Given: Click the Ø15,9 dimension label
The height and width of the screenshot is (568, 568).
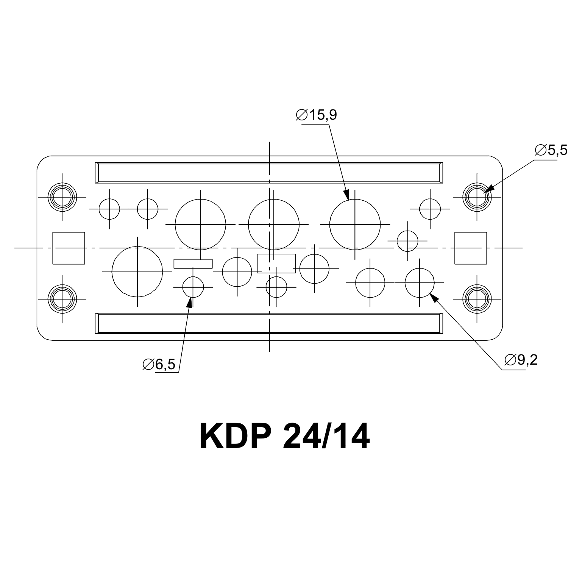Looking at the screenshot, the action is point(316,115).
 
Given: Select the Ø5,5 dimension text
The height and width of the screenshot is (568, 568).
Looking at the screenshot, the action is point(551,150).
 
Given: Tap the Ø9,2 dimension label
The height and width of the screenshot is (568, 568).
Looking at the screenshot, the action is point(521,360).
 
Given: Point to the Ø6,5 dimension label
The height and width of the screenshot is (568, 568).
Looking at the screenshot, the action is point(159,364).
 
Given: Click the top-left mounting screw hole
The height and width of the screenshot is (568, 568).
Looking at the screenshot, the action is point(62,197).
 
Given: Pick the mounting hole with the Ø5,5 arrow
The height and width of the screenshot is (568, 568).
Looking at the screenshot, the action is point(477,197).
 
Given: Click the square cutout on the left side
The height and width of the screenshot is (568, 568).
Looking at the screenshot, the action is point(69,248).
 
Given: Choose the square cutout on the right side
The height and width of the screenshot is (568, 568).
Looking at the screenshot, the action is point(471,248).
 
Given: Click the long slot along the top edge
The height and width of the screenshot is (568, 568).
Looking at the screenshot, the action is point(269,173).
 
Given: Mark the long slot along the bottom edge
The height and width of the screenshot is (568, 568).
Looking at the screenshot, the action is point(269,324).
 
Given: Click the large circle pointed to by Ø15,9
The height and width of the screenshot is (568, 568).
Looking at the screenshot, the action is point(355,225).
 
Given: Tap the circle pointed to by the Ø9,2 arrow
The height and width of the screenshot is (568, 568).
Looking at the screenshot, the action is point(420,282).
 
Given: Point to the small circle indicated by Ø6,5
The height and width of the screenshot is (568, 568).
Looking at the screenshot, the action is point(193,287).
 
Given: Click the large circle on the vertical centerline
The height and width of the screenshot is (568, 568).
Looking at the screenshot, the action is point(273,225).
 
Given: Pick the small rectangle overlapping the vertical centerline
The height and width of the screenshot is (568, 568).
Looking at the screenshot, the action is point(276,263).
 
